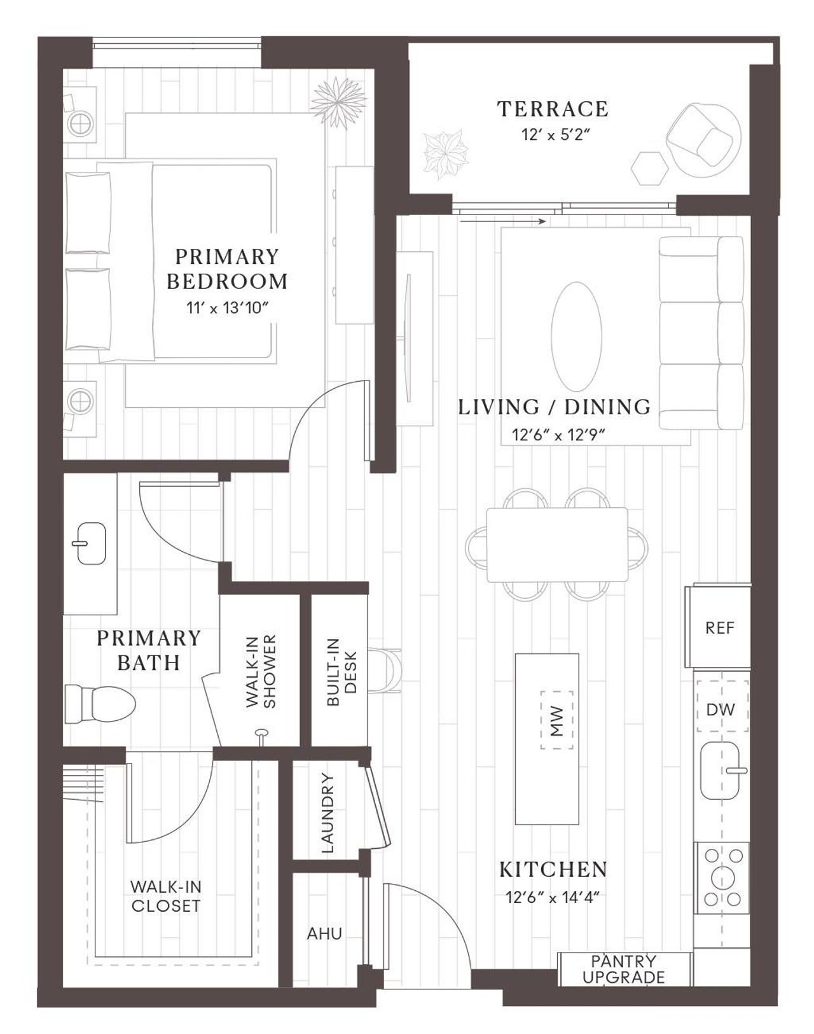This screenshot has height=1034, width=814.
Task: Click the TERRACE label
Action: click(x=553, y=109)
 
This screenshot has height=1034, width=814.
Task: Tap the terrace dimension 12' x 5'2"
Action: click(x=553, y=135)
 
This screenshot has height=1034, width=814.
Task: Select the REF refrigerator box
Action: click(x=719, y=628)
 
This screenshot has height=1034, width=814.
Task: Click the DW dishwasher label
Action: click(x=721, y=709)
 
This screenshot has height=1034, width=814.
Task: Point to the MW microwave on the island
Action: click(x=557, y=720)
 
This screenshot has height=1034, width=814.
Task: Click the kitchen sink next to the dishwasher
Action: click(x=722, y=771)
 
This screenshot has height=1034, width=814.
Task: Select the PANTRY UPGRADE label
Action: click(x=624, y=969)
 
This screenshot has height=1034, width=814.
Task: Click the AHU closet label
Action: click(x=324, y=933)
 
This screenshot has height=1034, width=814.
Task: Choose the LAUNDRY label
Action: click(x=327, y=813)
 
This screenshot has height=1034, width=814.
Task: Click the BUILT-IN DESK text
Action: click(x=342, y=672)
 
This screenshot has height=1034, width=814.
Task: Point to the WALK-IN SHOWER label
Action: click(x=261, y=671)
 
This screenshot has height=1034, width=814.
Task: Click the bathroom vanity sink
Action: click(x=91, y=543)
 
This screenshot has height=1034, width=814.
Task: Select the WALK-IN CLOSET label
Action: click(x=165, y=896)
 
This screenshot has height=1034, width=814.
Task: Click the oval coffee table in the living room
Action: click(x=576, y=337)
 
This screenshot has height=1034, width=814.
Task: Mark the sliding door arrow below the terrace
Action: click(x=502, y=221)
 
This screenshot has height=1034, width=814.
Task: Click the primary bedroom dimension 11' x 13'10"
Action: click(x=228, y=308)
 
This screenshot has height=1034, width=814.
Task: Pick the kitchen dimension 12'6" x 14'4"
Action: click(x=553, y=897)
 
